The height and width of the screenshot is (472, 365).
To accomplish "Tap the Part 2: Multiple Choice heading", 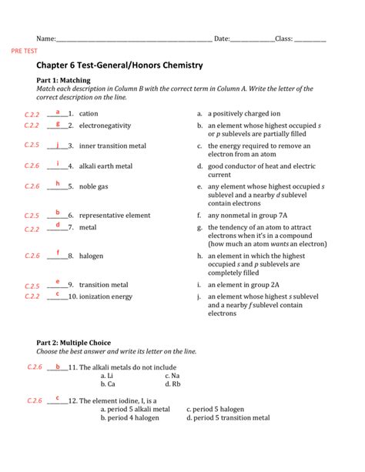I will (x=74, y=342).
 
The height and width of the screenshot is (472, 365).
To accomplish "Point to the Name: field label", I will (x=47, y=38).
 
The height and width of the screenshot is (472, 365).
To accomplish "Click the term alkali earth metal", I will (x=105, y=166).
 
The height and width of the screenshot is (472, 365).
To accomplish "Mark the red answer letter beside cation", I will (x=58, y=112).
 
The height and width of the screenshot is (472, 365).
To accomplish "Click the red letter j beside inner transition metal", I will (x=58, y=143).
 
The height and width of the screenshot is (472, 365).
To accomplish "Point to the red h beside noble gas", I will (x=58, y=184).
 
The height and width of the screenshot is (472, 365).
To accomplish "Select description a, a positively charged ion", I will (x=246, y=113).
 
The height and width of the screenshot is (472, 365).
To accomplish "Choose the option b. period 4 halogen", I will (x=134, y=418).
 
